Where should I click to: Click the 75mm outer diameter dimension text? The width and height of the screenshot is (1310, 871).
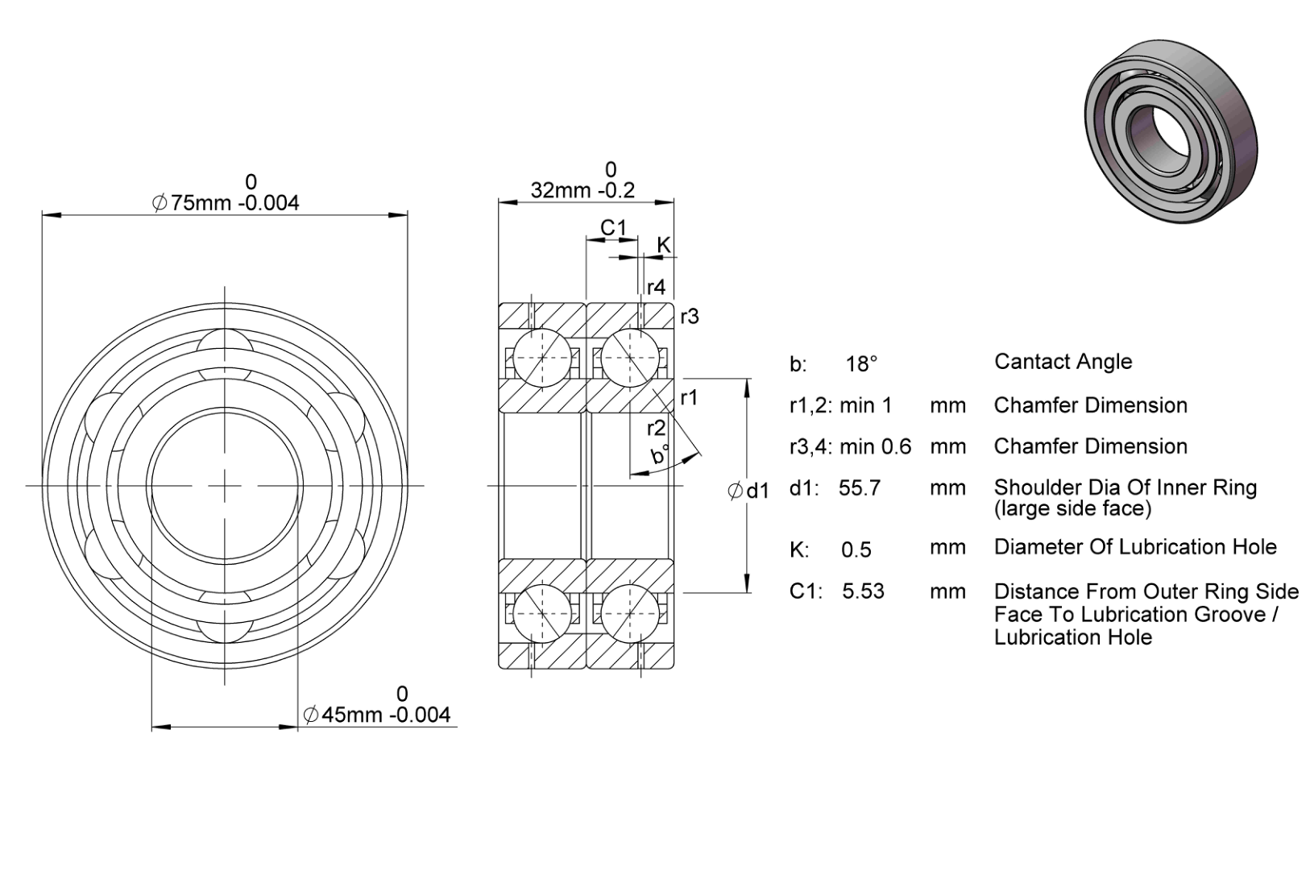point(226,203)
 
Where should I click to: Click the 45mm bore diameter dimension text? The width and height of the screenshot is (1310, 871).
point(377,715)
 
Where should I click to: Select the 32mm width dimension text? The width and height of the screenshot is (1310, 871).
point(582,190)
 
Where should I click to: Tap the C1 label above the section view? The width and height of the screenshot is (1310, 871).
point(613,227)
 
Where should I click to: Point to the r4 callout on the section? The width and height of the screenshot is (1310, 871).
point(656,287)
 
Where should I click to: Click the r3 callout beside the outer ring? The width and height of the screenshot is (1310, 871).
point(690,317)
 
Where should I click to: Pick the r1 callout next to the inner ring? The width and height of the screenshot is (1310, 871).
point(689,398)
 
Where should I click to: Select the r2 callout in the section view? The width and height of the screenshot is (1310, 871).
point(656,429)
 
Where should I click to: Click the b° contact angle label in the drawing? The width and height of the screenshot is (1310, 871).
point(661,454)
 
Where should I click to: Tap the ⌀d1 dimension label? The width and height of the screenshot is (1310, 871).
point(748,491)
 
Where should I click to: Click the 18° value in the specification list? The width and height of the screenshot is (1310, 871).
point(861,364)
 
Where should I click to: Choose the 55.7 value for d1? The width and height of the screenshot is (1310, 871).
point(859,487)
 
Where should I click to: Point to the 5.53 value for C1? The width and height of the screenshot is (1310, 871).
point(863,591)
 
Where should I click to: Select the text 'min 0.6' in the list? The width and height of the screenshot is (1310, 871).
point(876,447)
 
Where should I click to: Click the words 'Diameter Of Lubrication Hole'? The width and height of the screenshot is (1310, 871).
point(1135,547)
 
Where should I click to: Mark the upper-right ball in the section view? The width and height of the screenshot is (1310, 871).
point(630,358)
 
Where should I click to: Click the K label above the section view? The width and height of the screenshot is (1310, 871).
point(663,245)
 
